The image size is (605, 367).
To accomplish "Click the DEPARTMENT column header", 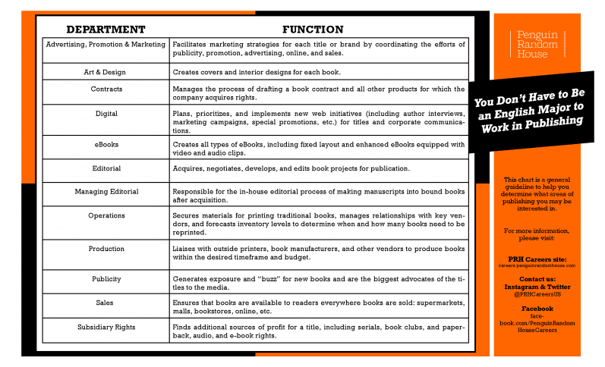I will point(106,30).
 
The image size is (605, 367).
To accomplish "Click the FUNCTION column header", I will point(313,30).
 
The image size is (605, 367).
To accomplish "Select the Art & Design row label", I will point(105,72).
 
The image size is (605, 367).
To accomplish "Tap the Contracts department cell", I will point(106,89).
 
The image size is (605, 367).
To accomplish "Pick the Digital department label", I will point(106,114).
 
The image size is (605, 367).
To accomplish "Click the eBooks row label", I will point(106,143).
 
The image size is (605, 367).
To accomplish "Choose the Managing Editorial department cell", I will point(106,192).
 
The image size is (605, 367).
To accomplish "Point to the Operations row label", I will point(106,216).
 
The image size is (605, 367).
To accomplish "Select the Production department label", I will point(106,249).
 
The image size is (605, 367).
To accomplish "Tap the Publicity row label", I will point(106,279).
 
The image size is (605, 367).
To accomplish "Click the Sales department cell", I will point(105,302).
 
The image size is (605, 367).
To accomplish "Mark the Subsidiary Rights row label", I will point(106,328).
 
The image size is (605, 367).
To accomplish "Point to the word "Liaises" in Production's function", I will point(187,249).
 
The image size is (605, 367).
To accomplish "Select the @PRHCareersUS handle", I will point(537,294).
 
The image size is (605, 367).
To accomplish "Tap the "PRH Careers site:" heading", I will point(537,259).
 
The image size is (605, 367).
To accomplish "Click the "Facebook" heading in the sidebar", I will point(537,309).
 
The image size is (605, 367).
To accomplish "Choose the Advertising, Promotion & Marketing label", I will point(106,45).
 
